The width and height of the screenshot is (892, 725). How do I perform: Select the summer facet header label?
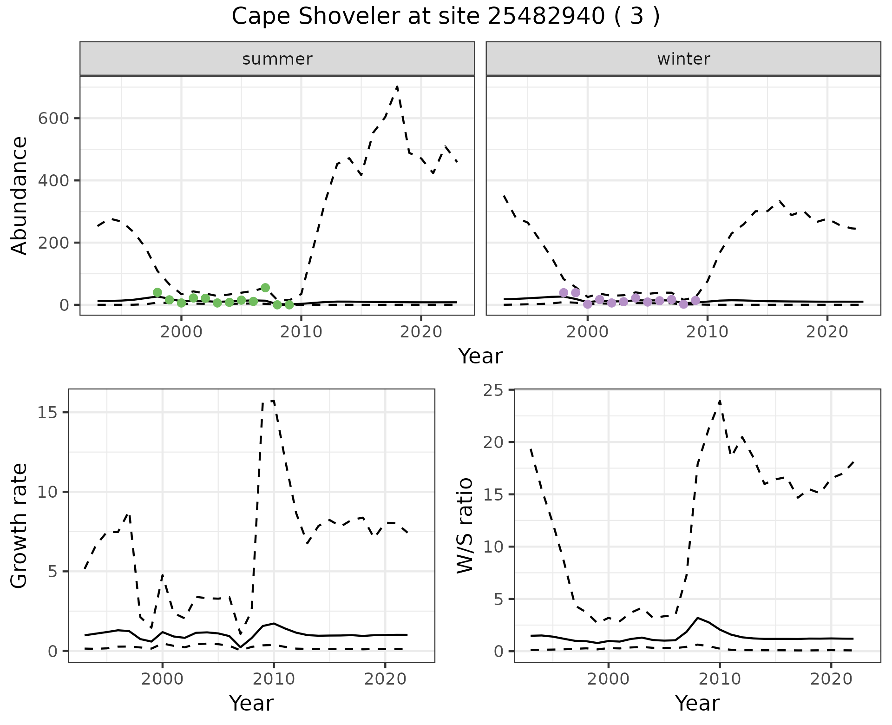click(277, 59)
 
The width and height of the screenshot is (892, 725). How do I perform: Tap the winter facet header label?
click(683, 59)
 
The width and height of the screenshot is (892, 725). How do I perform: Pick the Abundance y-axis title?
click(20, 195)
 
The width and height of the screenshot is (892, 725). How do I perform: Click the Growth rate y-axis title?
click(20, 525)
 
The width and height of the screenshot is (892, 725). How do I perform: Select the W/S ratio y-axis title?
click(465, 525)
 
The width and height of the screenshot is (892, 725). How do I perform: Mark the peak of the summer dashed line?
click(397, 86)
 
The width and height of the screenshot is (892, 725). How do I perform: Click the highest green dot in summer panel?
click(265, 288)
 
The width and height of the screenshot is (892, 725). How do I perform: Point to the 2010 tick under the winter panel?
click(707, 332)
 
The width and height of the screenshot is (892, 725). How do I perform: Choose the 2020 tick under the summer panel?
click(420, 332)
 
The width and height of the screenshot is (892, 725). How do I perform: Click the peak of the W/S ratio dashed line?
click(720, 401)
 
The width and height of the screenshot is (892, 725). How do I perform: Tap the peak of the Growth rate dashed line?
click(273, 401)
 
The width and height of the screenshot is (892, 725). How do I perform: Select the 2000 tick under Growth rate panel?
click(162, 679)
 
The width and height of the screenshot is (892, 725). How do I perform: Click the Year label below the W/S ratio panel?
click(697, 703)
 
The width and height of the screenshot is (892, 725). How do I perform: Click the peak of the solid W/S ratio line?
click(697, 618)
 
